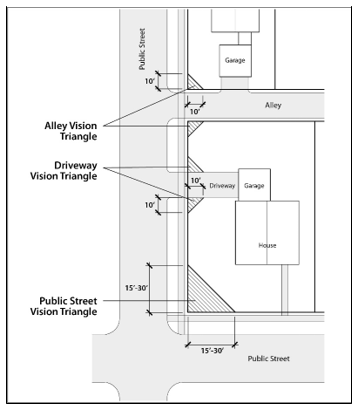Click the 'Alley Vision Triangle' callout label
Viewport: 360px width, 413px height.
pos(71,131)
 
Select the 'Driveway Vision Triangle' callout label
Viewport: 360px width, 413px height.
pos(64,171)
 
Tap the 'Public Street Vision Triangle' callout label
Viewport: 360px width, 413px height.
pos(64,306)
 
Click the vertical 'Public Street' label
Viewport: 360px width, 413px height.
pos(142,49)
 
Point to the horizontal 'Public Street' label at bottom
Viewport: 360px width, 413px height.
pos(269,359)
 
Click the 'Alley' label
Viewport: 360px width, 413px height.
pos(273,105)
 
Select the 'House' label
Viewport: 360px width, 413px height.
pos(267,245)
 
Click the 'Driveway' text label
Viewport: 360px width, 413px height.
pos(222,186)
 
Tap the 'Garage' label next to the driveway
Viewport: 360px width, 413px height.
pos(254,186)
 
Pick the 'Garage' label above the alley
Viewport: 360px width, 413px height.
pos(235,60)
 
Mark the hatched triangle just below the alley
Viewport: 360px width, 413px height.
pos(193,127)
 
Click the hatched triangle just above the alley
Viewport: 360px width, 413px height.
pos(193,84)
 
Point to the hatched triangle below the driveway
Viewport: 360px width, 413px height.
pos(193,203)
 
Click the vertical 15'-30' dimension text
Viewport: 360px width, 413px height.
pos(136,288)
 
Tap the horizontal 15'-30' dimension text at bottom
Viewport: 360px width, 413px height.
pos(212,351)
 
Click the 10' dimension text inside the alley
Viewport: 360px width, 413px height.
pos(195,111)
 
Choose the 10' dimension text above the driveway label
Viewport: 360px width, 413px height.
pos(196,180)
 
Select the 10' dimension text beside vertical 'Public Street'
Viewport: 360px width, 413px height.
pos(150,81)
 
